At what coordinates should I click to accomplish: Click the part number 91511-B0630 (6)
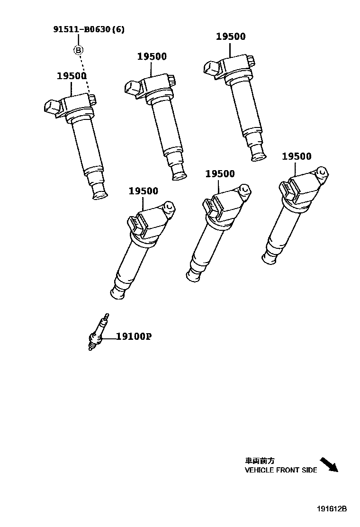[x=89, y=29]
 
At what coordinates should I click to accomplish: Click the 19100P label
[x=134, y=337]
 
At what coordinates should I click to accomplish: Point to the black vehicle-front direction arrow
[x=329, y=464]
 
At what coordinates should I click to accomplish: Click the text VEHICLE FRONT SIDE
[x=281, y=471]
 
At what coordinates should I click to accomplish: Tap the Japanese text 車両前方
[x=260, y=460]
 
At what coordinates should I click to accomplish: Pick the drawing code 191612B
[x=332, y=509]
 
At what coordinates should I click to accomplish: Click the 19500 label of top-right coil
[x=231, y=37]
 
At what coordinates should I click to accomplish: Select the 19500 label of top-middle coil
[x=152, y=56]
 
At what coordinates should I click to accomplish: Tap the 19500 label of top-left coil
[x=72, y=76]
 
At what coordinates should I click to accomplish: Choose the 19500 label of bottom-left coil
[x=144, y=191]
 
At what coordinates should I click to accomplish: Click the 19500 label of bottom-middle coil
[x=220, y=174]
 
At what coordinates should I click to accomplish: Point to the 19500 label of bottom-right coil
[x=297, y=156]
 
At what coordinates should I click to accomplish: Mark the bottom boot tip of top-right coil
[x=259, y=155]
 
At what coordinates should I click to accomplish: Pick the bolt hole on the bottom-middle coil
[x=244, y=190]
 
